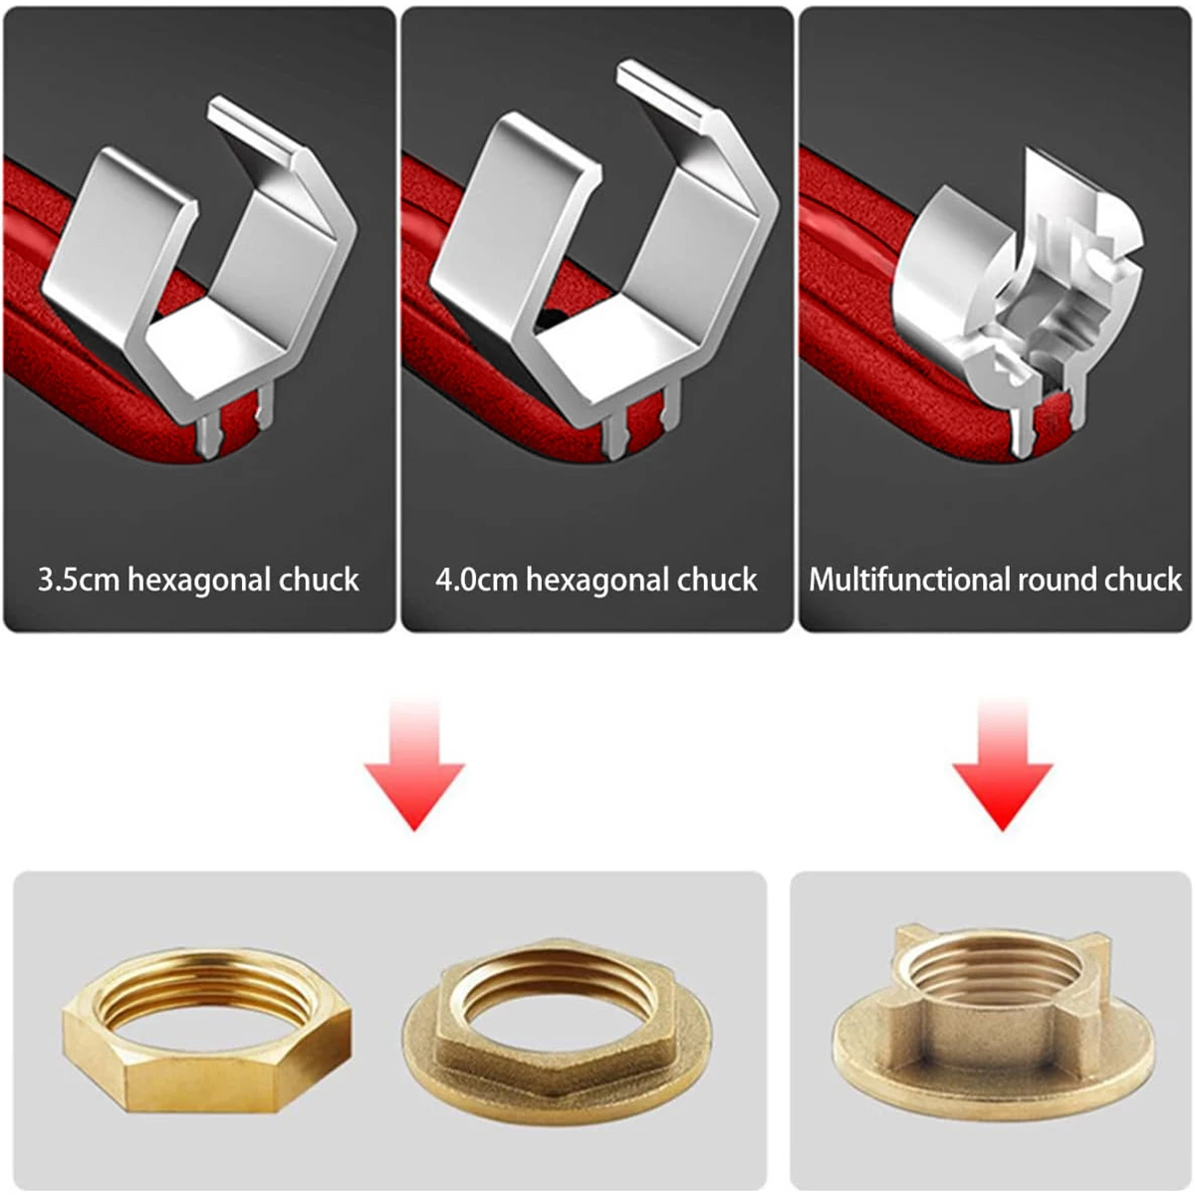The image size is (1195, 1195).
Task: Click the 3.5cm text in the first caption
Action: [78, 581]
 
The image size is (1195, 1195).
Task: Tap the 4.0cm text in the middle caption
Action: [476, 581]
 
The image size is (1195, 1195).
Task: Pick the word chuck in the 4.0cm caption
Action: [717, 581]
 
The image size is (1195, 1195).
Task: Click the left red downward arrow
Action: [414, 764]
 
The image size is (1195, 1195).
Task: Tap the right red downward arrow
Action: [1003, 764]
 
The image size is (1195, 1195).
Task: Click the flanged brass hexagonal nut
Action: [557, 1032]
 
